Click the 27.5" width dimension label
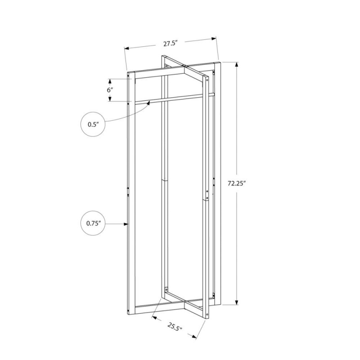click(x=171, y=43)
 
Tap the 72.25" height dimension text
click(x=237, y=184)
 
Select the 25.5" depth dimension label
click(x=175, y=327)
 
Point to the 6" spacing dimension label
click(x=110, y=90)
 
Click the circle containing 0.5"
click(x=93, y=124)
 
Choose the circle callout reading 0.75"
click(x=93, y=223)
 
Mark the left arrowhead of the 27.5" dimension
click(x=127, y=49)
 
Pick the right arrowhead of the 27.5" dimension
click(x=214, y=39)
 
